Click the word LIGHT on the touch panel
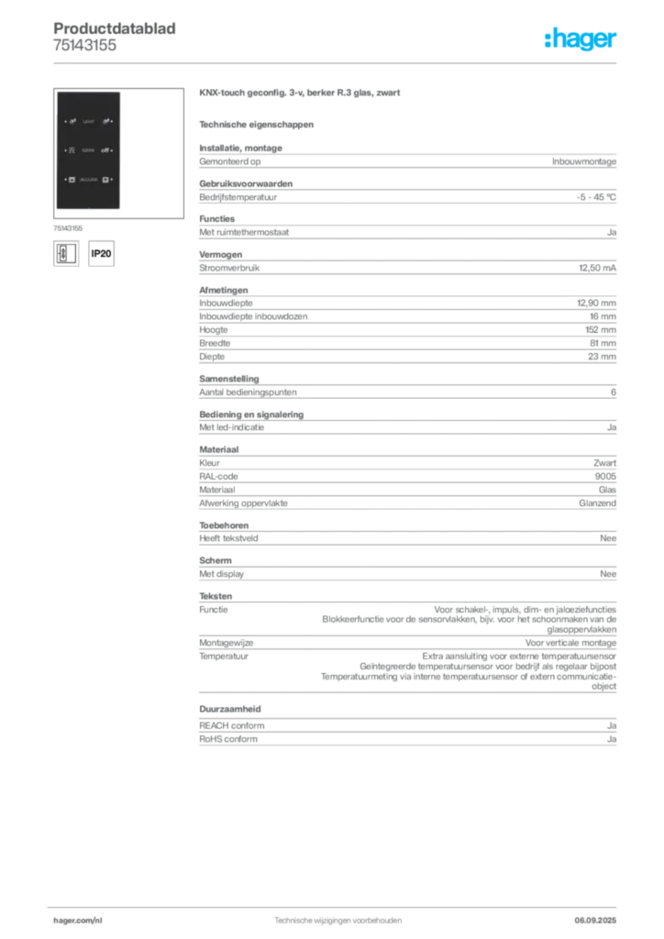tap(88, 121)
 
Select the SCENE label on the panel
tap(88, 149)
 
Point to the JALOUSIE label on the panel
tap(88, 180)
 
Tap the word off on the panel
tap(105, 149)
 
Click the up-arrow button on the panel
tap(72, 180)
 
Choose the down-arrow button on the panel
tap(105, 180)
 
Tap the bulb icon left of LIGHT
tap(72, 121)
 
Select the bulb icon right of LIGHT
tap(105, 121)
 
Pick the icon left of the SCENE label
tap(72, 149)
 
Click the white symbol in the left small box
tap(63, 253)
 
